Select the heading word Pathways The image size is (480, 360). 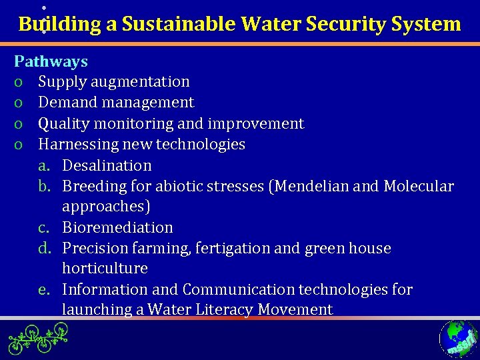coord(51,61)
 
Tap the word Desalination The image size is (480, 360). coord(107,165)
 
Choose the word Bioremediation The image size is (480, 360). coord(117,227)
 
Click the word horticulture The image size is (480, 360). coord(105,269)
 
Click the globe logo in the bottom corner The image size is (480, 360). coord(457,339)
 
